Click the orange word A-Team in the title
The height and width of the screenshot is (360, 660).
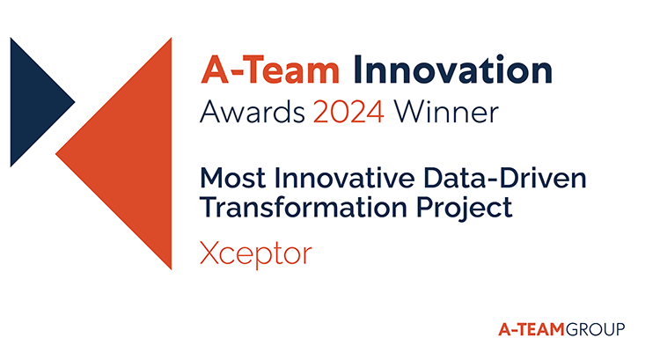[x=270, y=70]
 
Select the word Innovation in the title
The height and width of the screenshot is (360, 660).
[x=453, y=70]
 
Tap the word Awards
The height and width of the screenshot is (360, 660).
[x=253, y=112]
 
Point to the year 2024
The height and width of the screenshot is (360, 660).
[x=348, y=112]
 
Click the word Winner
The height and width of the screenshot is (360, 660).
[x=446, y=112]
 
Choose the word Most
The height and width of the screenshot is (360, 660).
[x=233, y=178]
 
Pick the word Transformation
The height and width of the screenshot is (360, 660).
[x=304, y=207]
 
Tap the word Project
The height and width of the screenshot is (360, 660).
[x=465, y=208]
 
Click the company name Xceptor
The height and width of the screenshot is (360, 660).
[x=256, y=253]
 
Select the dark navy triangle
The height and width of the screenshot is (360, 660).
[x=33, y=102]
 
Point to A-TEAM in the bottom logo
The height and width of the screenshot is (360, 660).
[x=532, y=329]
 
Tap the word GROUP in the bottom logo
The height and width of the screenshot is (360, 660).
[x=595, y=329]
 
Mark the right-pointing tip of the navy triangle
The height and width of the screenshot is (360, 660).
[x=75, y=102]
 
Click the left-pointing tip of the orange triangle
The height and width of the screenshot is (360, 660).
[x=55, y=154]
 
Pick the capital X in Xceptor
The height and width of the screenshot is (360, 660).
[x=210, y=253]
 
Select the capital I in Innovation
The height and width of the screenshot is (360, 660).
[x=357, y=70]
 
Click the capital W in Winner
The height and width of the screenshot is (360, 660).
[x=412, y=112]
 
